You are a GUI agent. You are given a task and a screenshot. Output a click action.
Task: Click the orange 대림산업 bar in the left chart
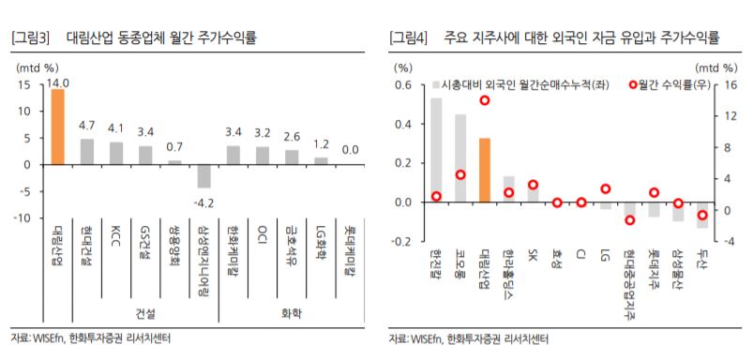57,127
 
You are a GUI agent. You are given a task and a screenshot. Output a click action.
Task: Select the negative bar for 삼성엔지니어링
203,175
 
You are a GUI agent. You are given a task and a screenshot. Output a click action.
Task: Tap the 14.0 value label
60,82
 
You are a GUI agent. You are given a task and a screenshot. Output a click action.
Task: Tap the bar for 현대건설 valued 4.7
86,151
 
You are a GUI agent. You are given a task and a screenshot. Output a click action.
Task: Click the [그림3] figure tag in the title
29,37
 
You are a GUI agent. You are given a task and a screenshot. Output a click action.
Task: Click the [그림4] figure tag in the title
410,37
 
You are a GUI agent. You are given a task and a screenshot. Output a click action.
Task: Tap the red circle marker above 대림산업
485,100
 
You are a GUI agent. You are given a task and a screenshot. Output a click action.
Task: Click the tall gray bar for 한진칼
436,150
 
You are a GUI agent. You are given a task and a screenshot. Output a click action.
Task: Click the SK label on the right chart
533,255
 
